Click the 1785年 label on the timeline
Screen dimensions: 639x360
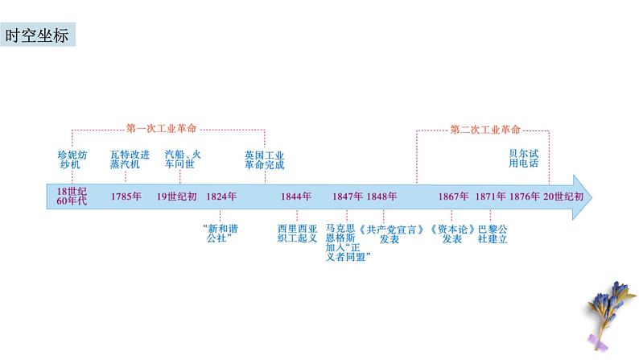pyautogui.click(x=126, y=197)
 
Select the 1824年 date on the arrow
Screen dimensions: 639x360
pyautogui.click(x=221, y=197)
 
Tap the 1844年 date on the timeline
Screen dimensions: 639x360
pyautogui.click(x=296, y=197)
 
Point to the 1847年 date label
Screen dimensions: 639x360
pyautogui.click(x=347, y=197)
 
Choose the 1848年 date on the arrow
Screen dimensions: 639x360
pyautogui.click(x=381, y=197)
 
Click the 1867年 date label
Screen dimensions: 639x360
pyautogui.click(x=454, y=197)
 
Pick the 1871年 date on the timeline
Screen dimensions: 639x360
pyautogui.click(x=490, y=197)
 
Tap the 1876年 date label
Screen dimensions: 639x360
pyautogui.click(x=525, y=197)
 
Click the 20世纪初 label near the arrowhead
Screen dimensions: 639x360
pyautogui.click(x=560, y=197)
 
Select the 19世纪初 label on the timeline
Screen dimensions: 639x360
pyautogui.click(x=176, y=197)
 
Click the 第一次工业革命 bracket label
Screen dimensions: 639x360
pyautogui.click(x=162, y=128)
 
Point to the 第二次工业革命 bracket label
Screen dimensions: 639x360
pyautogui.click(x=484, y=129)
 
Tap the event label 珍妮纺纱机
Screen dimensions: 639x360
pyautogui.click(x=71, y=158)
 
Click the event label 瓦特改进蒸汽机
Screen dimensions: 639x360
pyautogui.click(x=125, y=158)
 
